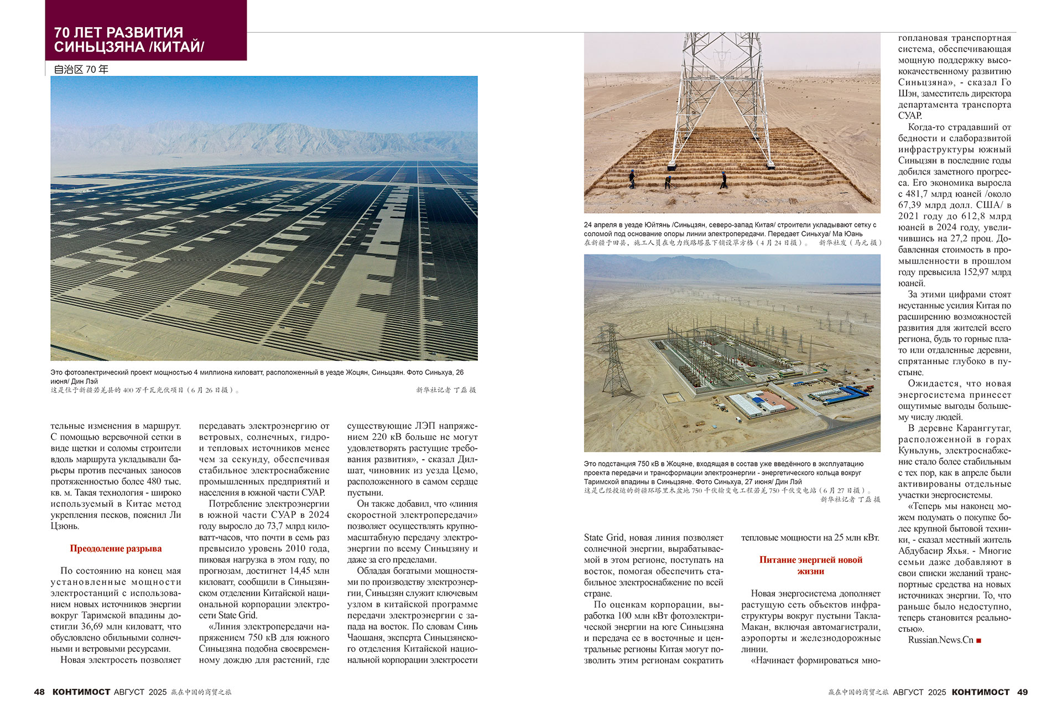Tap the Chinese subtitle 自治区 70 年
81,70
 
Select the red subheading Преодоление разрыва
116,548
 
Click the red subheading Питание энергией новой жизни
810,565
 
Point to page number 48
39,692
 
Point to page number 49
1022,692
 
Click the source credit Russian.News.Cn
940,640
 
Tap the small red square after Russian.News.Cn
978,640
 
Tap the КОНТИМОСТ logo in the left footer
81,692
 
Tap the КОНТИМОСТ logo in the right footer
981,692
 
